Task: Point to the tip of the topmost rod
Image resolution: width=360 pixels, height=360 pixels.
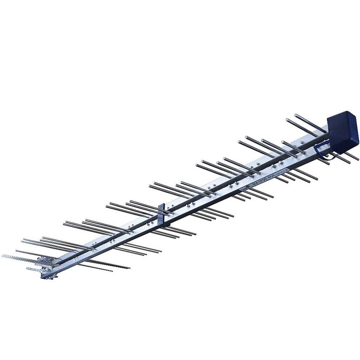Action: pos(296,115)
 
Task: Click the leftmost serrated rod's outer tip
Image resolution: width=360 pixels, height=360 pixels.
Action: pos(3,256)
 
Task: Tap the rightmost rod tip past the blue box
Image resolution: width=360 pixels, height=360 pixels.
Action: pos(358,159)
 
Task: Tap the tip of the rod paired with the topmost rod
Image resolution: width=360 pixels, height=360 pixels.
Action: pos(287,120)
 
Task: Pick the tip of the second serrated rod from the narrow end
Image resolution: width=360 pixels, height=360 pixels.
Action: pos(17,251)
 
